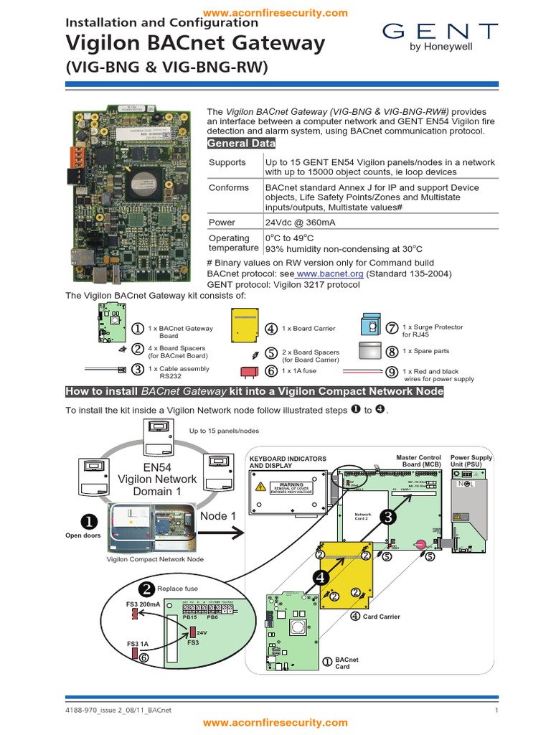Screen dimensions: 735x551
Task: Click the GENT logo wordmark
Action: pyautogui.click(x=440, y=32)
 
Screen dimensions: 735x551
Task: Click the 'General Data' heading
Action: pyautogui.click(x=240, y=144)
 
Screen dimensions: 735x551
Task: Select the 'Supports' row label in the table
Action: pyautogui.click(x=227, y=163)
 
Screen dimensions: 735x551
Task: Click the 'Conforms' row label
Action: pyautogui.click(x=229, y=188)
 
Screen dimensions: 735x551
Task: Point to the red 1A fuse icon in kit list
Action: pyautogui.click(x=250, y=371)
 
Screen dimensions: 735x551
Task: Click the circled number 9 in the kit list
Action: pyautogui.click(x=391, y=372)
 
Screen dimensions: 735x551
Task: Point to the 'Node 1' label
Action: pyautogui.click(x=217, y=516)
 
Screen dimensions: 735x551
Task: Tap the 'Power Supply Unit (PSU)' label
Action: pyautogui.click(x=471, y=461)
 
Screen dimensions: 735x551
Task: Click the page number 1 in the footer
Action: pyautogui.click(x=496, y=710)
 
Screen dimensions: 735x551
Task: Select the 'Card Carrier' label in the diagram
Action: pyautogui.click(x=381, y=617)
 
